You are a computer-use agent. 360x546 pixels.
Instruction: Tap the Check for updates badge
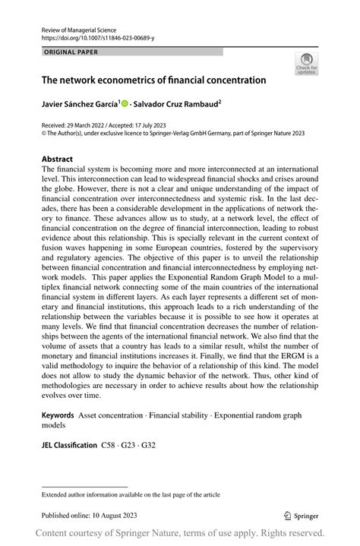[x=307, y=64]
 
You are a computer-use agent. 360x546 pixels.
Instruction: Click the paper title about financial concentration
[x=153, y=79]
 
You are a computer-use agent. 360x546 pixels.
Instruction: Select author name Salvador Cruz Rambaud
[x=175, y=103]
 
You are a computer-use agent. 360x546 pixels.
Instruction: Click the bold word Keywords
[x=58, y=415]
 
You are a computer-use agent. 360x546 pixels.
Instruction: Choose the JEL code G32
[x=150, y=444]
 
